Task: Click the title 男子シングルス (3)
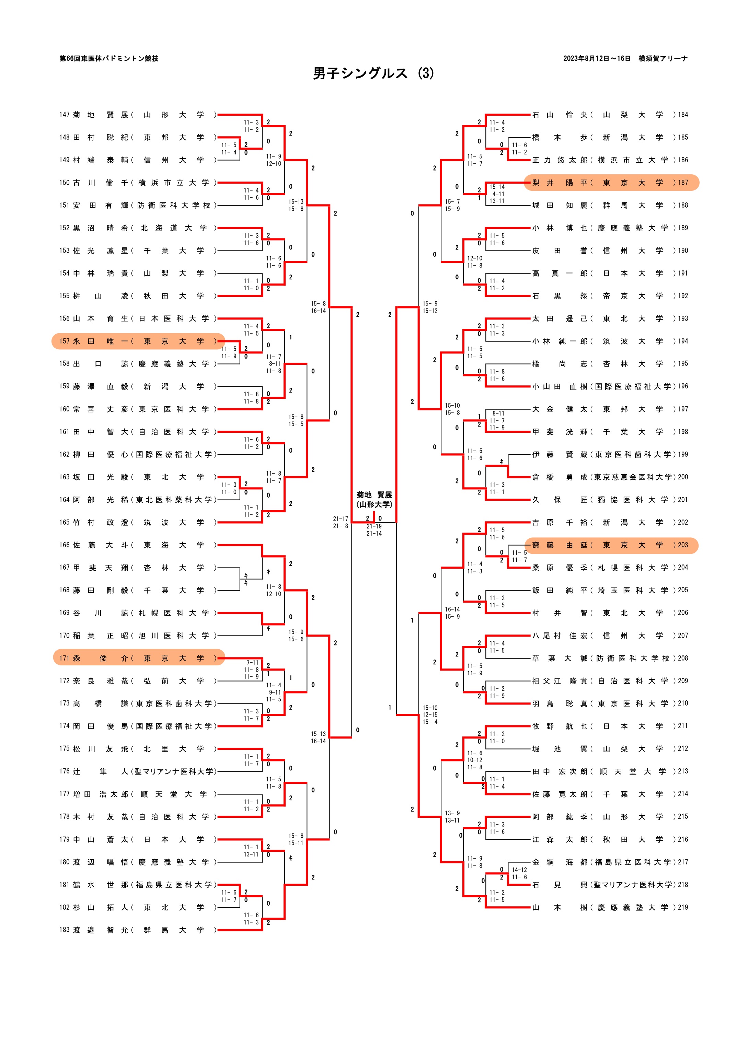[373, 73]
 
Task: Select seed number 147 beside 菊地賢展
[64, 115]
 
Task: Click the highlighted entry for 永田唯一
[138, 341]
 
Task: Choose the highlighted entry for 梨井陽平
[611, 183]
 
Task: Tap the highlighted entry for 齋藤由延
[611, 545]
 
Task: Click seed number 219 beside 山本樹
[682, 907]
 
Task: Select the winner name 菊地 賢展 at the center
[374, 495]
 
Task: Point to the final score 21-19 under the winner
[374, 526]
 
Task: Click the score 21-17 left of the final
[341, 519]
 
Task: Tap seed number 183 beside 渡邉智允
[64, 930]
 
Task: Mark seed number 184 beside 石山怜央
[682, 115]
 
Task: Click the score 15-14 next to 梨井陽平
[497, 187]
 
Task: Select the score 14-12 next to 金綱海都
[519, 870]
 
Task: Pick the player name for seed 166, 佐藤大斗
[101, 545]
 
